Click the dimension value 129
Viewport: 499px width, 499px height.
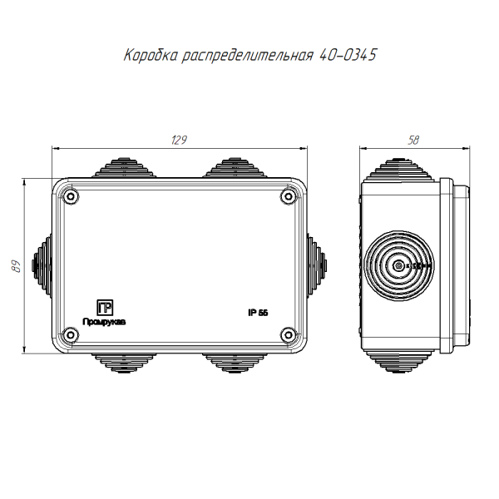coord(179,140)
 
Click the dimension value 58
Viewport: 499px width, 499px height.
coord(413,140)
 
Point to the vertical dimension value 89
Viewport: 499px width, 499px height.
coord(16,266)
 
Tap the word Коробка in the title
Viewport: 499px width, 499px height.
coord(151,55)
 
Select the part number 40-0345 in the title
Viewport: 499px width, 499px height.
coord(348,55)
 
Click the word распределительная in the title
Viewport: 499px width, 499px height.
coord(248,56)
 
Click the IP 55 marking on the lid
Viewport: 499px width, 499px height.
coord(258,313)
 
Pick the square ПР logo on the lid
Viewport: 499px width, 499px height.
coord(105,308)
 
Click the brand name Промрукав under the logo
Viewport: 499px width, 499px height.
coord(104,322)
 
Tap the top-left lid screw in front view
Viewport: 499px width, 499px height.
coord(71,196)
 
